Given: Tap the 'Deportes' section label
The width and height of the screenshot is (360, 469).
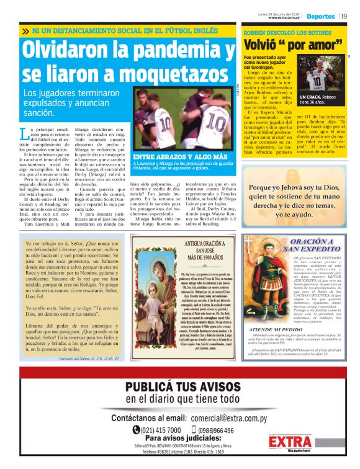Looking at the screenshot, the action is click(x=320, y=16).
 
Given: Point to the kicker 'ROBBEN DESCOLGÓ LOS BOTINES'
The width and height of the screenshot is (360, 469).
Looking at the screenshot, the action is click(x=284, y=31).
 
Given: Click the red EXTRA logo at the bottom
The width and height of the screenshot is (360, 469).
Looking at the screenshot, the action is click(x=290, y=442).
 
